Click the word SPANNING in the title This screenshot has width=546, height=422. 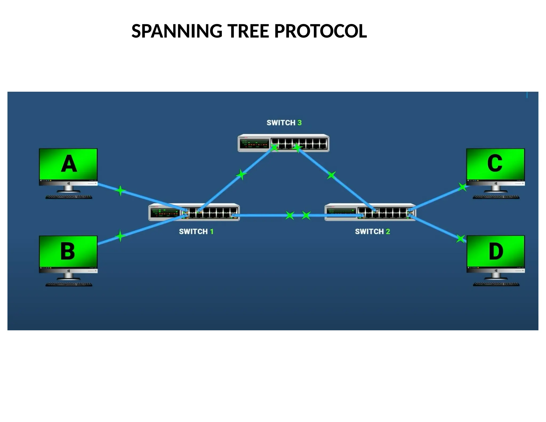(x=177, y=31)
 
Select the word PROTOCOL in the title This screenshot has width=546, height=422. (x=320, y=31)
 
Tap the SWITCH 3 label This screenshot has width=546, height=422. (x=284, y=123)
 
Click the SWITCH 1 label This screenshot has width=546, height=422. (x=196, y=231)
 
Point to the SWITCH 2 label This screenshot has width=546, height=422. (x=372, y=231)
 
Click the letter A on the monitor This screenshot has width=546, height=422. (x=69, y=164)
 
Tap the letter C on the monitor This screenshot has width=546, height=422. (x=495, y=163)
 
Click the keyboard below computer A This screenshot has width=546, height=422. (x=69, y=197)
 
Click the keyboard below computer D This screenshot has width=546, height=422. (x=496, y=284)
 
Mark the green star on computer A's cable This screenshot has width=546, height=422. (x=120, y=190)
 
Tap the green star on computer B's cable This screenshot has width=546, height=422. (x=120, y=236)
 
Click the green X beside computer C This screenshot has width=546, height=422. (x=463, y=187)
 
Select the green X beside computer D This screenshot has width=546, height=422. (x=460, y=238)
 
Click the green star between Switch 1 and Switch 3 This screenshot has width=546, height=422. (x=241, y=174)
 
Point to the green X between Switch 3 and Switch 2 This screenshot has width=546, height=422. (x=331, y=175)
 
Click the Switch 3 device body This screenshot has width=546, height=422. (x=283, y=143)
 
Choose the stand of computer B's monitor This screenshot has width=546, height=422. (x=69, y=276)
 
